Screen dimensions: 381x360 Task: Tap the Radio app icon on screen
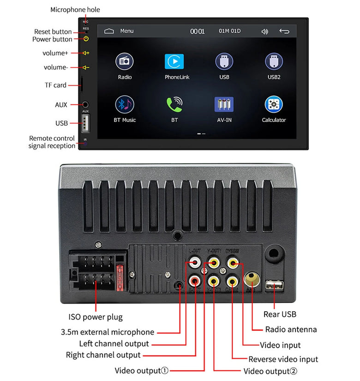(125, 61)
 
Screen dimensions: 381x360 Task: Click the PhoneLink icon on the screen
(174, 61)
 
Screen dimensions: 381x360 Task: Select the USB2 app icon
(274, 61)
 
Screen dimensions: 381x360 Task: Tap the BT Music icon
(125, 104)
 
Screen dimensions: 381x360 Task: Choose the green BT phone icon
(174, 104)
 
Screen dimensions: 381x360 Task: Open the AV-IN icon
(224, 104)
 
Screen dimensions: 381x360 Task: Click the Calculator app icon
(274, 104)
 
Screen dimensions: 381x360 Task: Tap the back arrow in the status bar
(284, 31)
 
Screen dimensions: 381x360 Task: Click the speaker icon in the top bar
(264, 31)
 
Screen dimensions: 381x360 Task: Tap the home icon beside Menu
(109, 31)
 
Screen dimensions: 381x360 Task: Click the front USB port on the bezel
(85, 123)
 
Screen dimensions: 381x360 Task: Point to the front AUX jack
(85, 105)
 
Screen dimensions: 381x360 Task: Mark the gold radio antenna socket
(252, 278)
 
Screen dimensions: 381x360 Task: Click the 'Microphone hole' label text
(75, 10)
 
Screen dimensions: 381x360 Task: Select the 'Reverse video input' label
(283, 359)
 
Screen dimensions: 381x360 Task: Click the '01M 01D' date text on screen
(229, 31)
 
